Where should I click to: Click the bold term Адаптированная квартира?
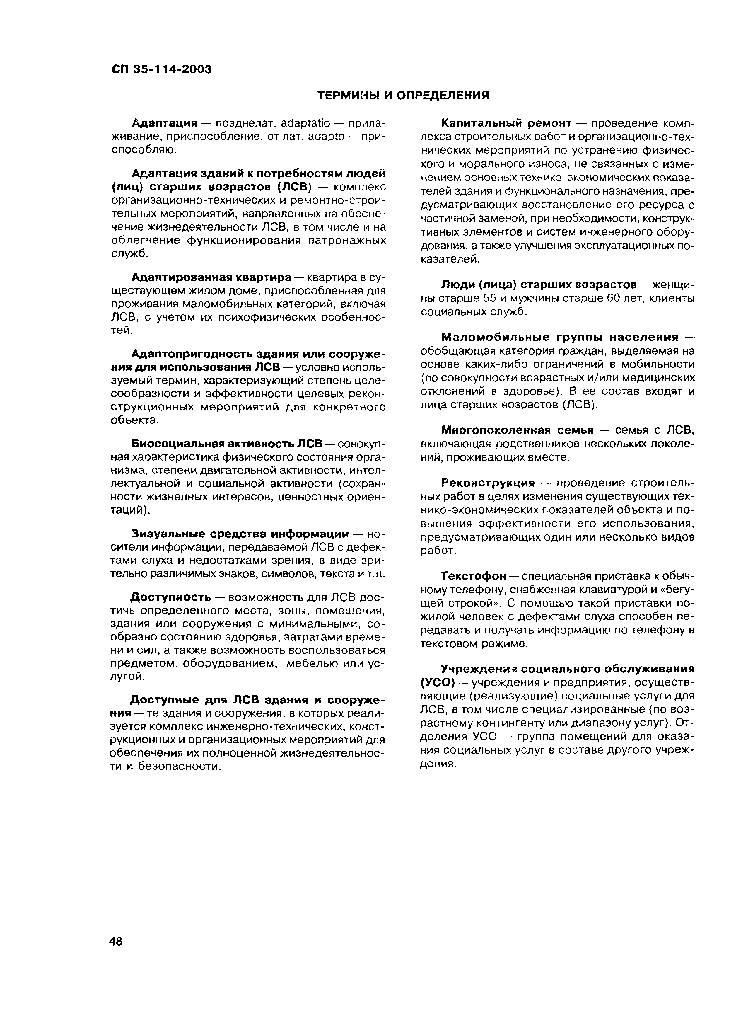[x=211, y=277]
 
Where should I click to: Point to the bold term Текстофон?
[x=474, y=576]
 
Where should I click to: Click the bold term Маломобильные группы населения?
[x=560, y=337]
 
